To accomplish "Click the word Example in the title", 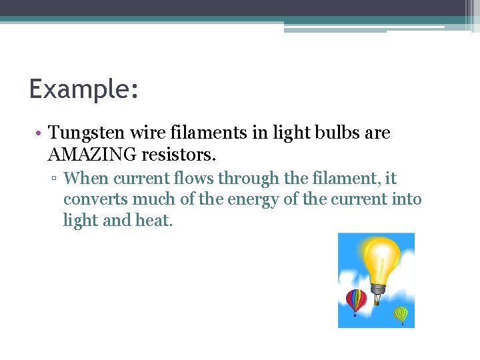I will [79, 88].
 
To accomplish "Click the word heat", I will [154, 220].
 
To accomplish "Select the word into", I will [406, 199].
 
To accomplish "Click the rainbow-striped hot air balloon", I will [356, 301].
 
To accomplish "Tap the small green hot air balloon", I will [401, 313].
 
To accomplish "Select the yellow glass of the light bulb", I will [379, 256].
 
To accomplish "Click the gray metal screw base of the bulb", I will [379, 291].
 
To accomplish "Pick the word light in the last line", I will [80, 220].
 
